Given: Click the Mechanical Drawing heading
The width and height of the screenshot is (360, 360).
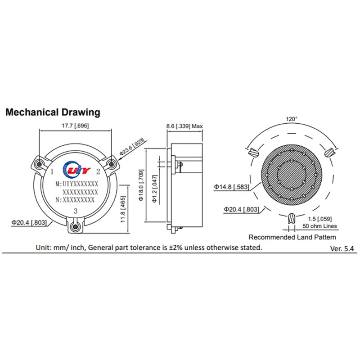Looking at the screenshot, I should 53,112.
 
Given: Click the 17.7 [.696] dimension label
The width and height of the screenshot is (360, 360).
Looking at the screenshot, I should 75,126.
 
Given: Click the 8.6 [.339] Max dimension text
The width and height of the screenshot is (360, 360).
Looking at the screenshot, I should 185,126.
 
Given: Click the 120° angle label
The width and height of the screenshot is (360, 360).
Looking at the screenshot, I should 292,119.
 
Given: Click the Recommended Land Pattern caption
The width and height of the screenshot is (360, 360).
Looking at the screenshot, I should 292,237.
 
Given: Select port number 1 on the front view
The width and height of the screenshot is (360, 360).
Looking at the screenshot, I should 52,171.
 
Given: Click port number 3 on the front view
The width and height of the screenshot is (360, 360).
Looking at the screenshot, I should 76,211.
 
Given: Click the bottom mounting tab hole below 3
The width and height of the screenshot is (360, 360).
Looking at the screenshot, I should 76,225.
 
